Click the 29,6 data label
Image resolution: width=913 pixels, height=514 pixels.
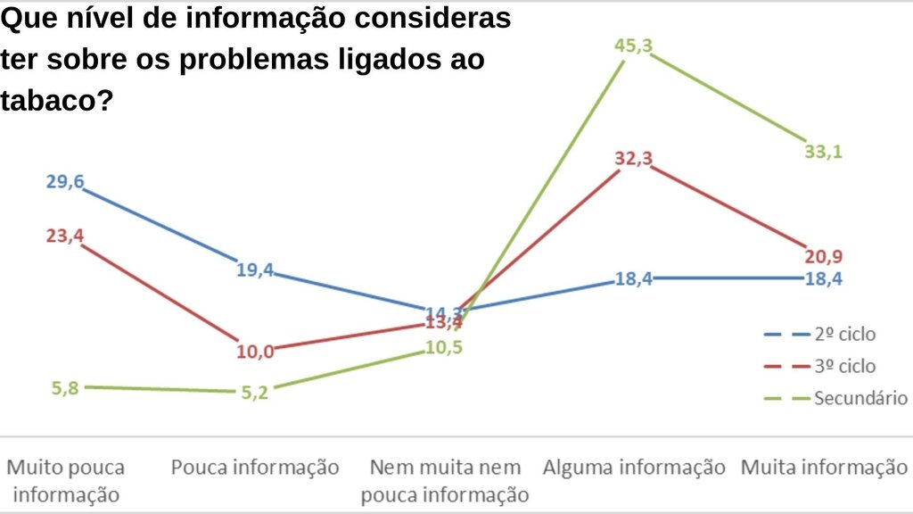pos(65,182)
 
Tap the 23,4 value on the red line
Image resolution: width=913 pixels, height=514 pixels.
pos(65,236)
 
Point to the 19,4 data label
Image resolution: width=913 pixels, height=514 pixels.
pos(255,269)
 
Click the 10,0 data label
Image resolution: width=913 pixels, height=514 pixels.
pos(255,351)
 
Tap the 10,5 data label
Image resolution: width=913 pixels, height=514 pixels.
pos(443,347)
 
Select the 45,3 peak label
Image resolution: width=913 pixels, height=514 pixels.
pos(633,46)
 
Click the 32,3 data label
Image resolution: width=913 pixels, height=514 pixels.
pos(633,160)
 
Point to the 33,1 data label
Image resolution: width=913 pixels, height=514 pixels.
pos(822,152)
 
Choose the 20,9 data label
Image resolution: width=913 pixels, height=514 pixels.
pos(823,257)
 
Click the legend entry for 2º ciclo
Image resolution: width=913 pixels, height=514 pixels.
pos(843,335)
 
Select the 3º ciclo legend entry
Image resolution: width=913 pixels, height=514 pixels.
pos(843,366)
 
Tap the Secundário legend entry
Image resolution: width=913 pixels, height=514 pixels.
pos(860,398)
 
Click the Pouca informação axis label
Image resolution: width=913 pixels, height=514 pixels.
pos(255,468)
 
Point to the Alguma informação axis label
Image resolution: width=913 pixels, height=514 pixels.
pos(634,468)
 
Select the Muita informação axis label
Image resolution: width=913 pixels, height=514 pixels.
pos(824,468)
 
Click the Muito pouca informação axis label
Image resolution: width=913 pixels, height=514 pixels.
pos(66,480)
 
